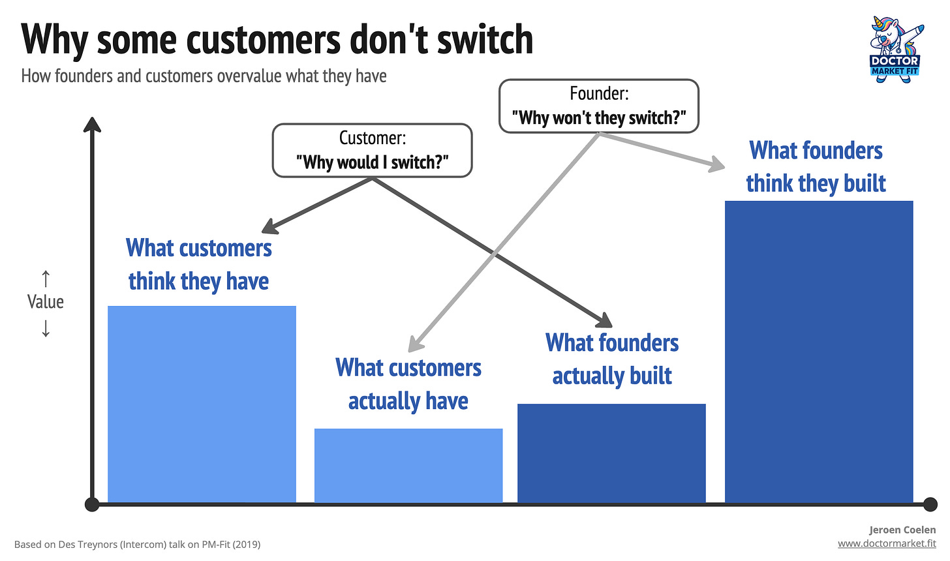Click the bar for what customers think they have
tap(202, 404)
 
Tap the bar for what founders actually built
tap(611, 453)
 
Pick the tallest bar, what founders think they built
tap(819, 352)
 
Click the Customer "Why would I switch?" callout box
tap(372, 150)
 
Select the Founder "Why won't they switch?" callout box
tap(599, 106)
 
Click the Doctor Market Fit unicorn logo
tap(895, 50)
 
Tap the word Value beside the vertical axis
tap(46, 302)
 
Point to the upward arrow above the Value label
tap(46, 279)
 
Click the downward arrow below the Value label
tap(46, 328)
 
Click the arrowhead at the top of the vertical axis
tap(92, 125)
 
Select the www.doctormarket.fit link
tap(887, 543)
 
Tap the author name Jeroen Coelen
tap(902, 530)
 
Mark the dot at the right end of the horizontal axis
tap(930, 504)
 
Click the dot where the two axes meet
tap(92, 504)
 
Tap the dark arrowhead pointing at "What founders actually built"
tap(605, 320)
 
